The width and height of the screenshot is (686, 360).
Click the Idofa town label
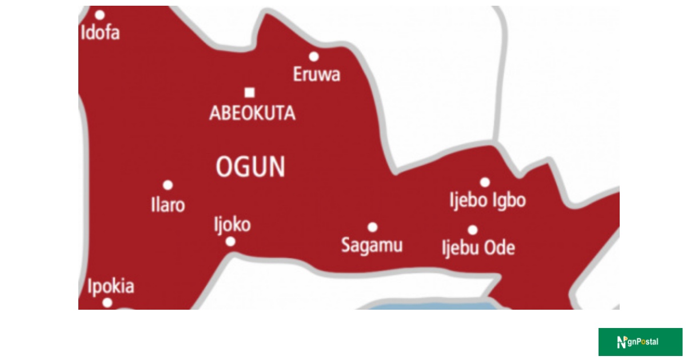coord(101,33)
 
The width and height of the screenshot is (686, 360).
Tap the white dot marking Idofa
coord(100,15)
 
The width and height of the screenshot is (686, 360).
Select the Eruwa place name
coord(317,74)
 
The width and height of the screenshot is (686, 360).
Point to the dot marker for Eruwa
coord(314,56)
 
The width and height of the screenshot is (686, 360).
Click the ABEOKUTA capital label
coord(253,113)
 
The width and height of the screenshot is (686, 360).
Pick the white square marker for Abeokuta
coord(249,93)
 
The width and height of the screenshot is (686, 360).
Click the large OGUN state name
coord(250,167)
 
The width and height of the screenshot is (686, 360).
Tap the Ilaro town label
coord(168,205)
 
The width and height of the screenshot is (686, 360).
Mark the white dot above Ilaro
coord(168,185)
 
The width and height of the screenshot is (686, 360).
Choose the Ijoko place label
coord(232,224)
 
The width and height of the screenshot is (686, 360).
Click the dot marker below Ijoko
coord(230,242)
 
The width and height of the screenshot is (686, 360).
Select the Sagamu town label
coord(372,245)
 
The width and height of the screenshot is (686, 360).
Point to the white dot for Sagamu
coord(372,227)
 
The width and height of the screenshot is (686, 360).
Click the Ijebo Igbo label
coord(488,201)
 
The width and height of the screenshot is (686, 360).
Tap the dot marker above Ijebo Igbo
coord(485,182)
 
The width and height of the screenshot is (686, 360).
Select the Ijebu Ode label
coord(478,248)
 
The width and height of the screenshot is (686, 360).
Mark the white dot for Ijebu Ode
coord(473,230)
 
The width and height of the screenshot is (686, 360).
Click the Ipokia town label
coord(111,286)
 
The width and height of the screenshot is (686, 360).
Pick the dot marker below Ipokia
coord(107,303)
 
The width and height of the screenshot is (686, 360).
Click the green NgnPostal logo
coord(640,342)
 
